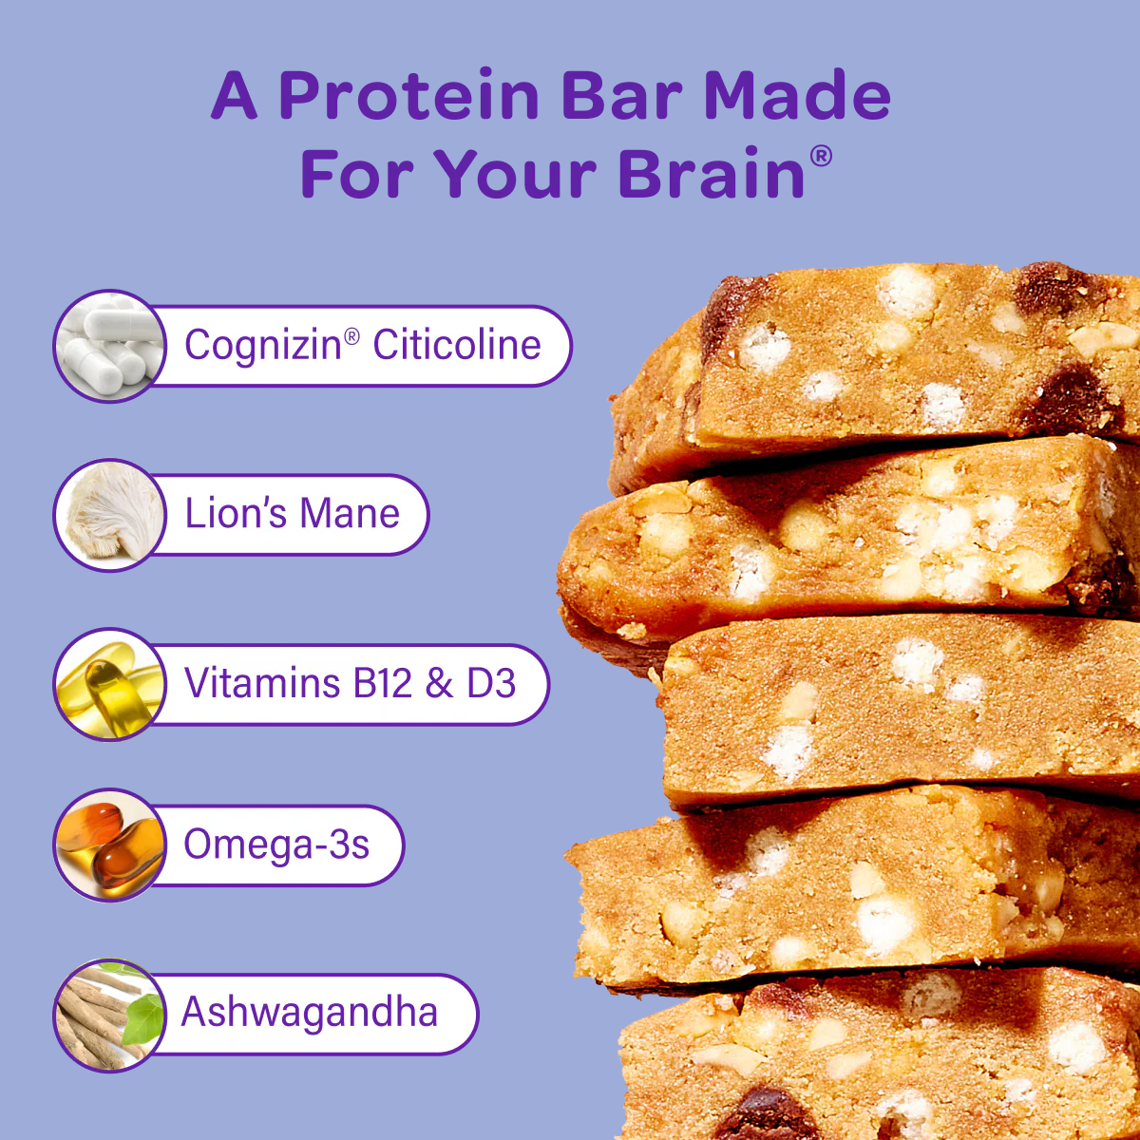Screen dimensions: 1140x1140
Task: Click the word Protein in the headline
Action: pos(408,95)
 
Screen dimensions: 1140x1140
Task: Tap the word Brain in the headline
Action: pos(712,173)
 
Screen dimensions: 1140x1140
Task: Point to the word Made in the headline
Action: pos(797,95)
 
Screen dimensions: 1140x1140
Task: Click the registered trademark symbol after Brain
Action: pos(821,156)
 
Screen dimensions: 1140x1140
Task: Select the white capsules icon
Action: pos(110,346)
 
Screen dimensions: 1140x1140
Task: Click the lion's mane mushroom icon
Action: pos(110,514)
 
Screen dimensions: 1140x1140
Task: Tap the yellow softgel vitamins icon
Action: pos(110,684)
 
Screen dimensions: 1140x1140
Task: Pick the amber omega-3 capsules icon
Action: pos(110,845)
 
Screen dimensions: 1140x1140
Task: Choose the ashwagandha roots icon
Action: pos(110,1015)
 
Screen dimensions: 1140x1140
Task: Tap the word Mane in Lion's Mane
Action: pos(350,513)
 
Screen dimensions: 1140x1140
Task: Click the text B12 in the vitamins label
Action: pos(382,683)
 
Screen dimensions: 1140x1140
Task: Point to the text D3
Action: pos(491,683)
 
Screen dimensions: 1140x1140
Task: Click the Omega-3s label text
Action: pos(276,845)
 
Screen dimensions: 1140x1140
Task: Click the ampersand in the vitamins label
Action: pos(439,683)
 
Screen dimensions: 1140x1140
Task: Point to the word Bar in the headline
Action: pos(621,95)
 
